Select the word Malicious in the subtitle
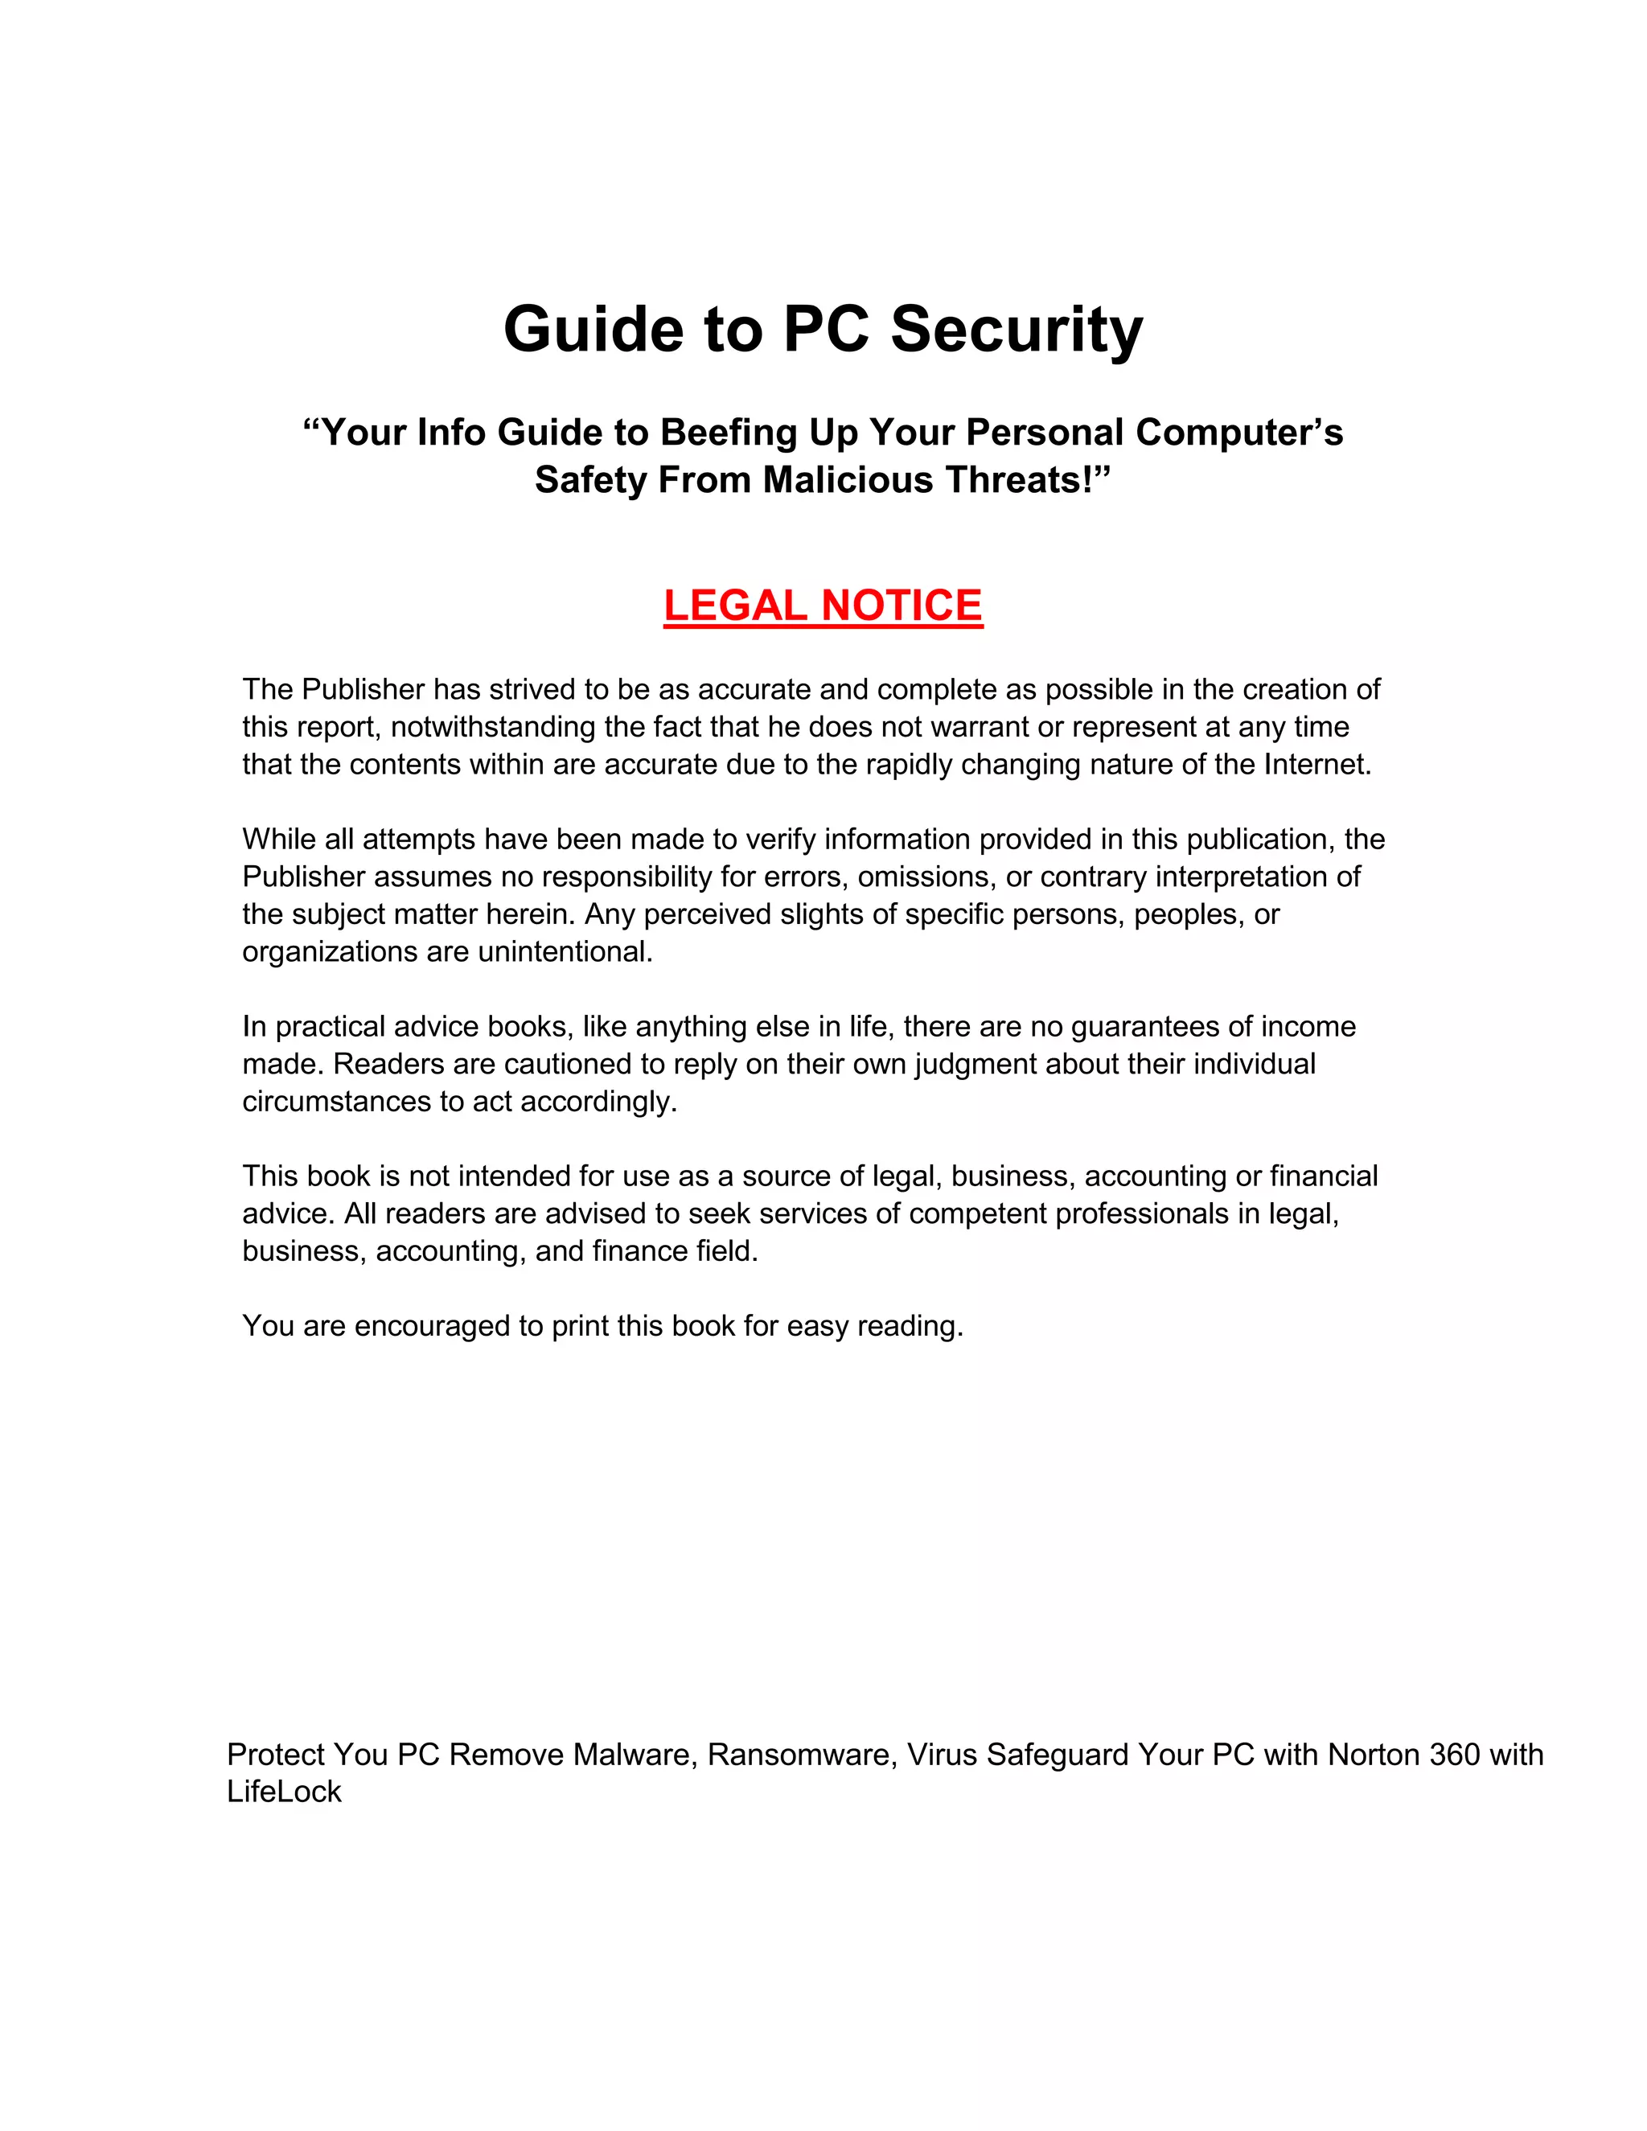pos(848,480)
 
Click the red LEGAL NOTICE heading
pos(823,606)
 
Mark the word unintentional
pos(565,951)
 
